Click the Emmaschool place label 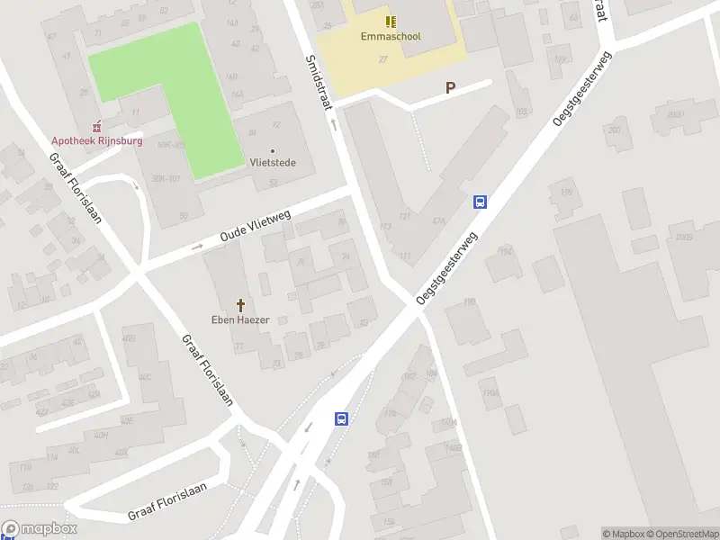[x=391, y=37]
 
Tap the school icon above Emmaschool [x=391, y=21]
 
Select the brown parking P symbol [x=449, y=88]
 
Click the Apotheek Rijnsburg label [x=97, y=140]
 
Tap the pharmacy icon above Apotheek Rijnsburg [x=97, y=126]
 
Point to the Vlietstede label [x=272, y=163]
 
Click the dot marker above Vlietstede [x=272, y=150]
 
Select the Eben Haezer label [x=240, y=319]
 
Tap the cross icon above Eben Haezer [x=240, y=305]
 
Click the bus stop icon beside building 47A [x=481, y=202]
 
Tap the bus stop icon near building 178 [x=342, y=418]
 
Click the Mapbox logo [x=39, y=529]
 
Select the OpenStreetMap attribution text [x=680, y=534]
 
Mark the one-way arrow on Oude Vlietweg [x=197, y=247]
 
